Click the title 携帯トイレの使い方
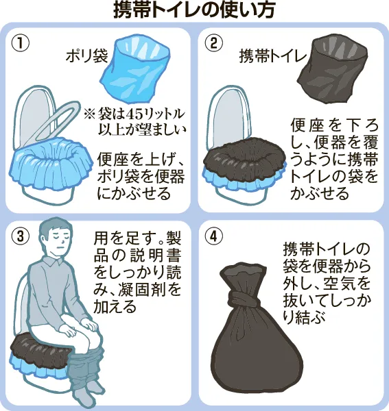(x=194, y=10)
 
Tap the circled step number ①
(x=20, y=43)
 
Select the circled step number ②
(x=214, y=42)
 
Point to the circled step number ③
(x=20, y=236)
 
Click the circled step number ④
(x=214, y=236)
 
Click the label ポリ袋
(x=87, y=55)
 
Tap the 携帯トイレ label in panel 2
(x=273, y=56)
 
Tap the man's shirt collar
(x=54, y=261)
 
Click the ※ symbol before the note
(x=89, y=114)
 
